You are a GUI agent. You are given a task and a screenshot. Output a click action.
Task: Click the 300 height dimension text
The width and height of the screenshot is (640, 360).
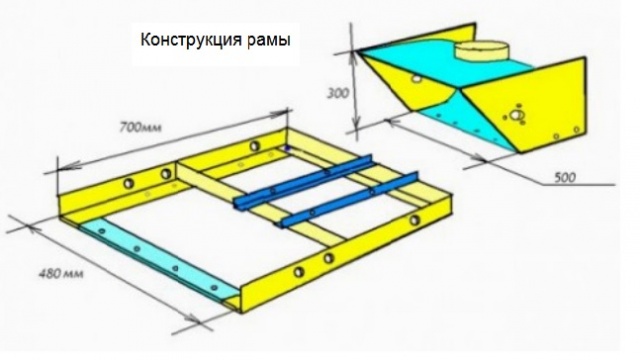[x=339, y=93]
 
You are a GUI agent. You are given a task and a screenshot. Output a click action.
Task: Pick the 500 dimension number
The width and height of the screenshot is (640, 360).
[x=564, y=176]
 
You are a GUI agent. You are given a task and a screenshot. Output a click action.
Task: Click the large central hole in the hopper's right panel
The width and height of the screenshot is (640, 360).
[x=516, y=118]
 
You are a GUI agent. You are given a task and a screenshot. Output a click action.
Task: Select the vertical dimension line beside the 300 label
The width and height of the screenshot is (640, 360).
[x=354, y=90]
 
